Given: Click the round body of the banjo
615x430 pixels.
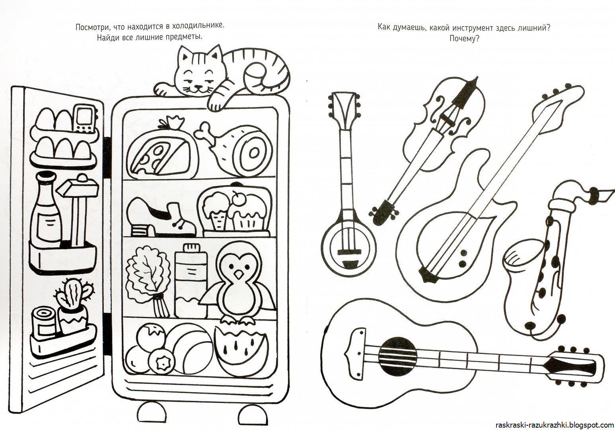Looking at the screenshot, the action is point(348,249).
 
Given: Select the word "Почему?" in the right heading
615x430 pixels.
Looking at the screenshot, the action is point(464,39).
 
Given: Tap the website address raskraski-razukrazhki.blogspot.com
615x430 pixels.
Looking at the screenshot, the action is point(555,425).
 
